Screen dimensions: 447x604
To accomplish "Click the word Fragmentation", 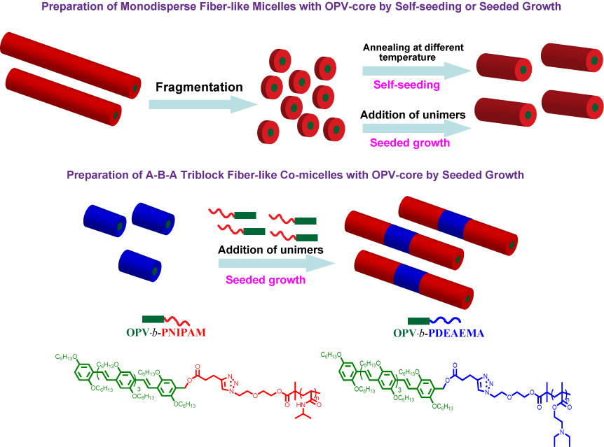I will click(x=200, y=87).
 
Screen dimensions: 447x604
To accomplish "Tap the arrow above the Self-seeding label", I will click(x=414, y=71).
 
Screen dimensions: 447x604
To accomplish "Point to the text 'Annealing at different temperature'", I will click(x=404, y=53).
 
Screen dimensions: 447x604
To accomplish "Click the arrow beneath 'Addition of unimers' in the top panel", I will click(x=414, y=129).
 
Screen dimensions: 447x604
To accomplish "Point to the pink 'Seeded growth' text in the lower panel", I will click(x=265, y=281).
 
